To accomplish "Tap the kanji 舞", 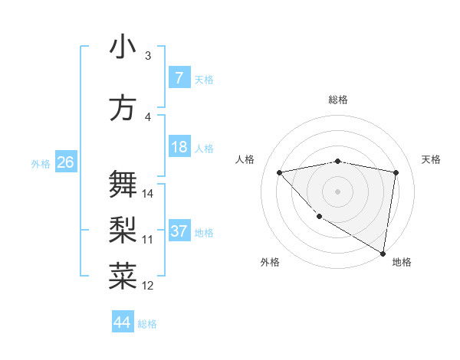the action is pos(123,184).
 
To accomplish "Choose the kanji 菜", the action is pos(123,276).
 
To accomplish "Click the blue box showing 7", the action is pos(179,78).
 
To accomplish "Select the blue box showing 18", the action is pos(179,148).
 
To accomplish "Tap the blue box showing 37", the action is pos(179,232).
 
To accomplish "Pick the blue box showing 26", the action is pos(65,162).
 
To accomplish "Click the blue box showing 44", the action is pos(122,322).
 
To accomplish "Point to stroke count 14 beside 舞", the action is pos(149,193).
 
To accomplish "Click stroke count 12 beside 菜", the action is pos(149,286).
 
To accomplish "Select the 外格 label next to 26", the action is pos(41,163).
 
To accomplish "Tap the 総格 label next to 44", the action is pos(148,324).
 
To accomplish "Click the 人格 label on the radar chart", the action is pos(245,159).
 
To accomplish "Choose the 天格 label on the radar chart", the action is pos(431,159).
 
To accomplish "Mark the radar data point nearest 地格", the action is pos(383,254).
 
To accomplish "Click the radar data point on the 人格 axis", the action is pos(279,172).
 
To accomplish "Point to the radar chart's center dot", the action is pos(337,191).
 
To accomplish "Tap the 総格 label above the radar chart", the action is pos(338,100).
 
